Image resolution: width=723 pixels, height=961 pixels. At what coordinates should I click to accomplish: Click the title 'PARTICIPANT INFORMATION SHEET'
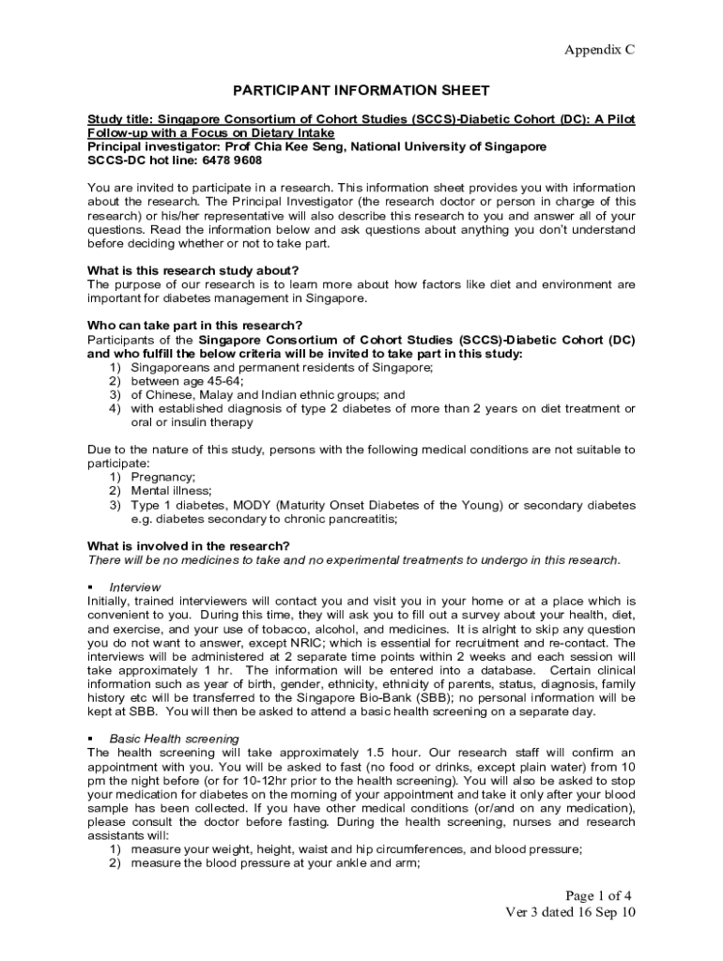pyautogui.click(x=361, y=90)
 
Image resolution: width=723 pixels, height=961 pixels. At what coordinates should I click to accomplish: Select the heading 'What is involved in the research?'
pyautogui.click(x=188, y=546)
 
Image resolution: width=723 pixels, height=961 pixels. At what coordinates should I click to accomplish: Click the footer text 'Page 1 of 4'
pyautogui.click(x=598, y=894)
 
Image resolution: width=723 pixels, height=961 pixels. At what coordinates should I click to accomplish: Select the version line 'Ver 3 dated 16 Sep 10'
pyautogui.click(x=571, y=912)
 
